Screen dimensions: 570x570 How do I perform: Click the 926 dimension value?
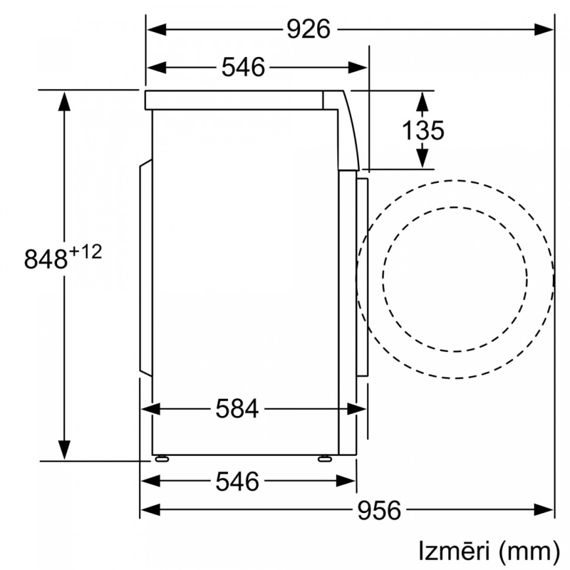309,29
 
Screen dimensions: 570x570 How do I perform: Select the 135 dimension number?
423,130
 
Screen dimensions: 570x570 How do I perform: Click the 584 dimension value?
237,408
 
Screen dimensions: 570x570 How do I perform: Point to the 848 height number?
46,259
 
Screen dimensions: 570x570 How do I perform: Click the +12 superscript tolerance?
86,252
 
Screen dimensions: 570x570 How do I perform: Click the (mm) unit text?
528,551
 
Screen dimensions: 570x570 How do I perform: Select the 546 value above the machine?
243,68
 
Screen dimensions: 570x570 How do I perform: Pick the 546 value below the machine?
237,482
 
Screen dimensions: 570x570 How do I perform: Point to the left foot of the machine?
160,458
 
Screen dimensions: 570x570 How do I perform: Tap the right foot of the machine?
324,458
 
